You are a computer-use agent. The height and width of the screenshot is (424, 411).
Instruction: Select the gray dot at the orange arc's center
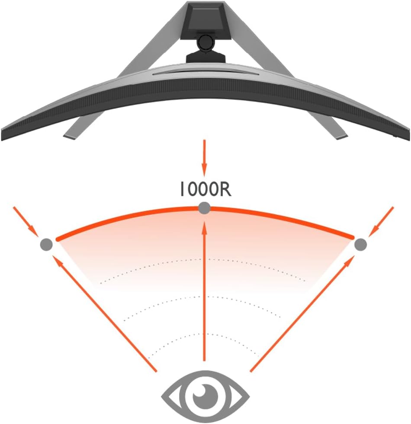[204, 208]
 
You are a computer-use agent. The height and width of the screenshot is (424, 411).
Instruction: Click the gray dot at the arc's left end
[46, 244]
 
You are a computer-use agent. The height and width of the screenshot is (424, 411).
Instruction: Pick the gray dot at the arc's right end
[360, 244]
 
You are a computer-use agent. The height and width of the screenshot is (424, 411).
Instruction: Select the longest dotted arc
[204, 260]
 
